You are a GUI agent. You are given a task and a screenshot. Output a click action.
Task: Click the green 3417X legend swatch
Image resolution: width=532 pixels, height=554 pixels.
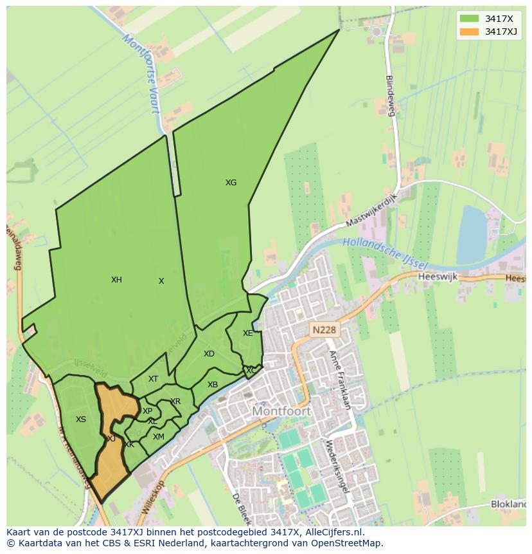pyautogui.click(x=470, y=19)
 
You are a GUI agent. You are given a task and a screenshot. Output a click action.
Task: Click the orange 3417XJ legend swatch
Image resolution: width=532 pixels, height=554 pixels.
pyautogui.click(x=470, y=32)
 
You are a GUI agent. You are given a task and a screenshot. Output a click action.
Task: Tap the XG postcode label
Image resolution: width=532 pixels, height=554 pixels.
pyautogui.click(x=231, y=183)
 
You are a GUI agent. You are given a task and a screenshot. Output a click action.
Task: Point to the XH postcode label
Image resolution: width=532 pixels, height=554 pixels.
pyautogui.click(x=116, y=280)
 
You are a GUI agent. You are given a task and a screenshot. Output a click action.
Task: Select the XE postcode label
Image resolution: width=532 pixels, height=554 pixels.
pyautogui.click(x=247, y=333)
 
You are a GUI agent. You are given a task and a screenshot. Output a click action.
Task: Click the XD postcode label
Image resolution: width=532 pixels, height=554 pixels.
pyautogui.click(x=209, y=354)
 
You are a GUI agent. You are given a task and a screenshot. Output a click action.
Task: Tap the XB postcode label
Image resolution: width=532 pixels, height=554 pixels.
pyautogui.click(x=213, y=385)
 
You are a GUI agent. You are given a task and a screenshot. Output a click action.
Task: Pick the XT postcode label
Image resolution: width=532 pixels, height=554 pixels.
pyautogui.click(x=153, y=379)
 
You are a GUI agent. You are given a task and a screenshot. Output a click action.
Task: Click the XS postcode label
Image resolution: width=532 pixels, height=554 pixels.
pyautogui.click(x=80, y=420)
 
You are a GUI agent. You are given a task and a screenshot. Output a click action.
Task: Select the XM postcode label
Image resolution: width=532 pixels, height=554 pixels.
pyautogui.click(x=158, y=437)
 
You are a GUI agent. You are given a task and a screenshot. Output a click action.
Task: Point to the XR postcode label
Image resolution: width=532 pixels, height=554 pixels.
pyautogui.click(x=175, y=402)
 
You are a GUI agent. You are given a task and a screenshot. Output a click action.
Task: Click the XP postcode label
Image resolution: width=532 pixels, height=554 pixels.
pyautogui.click(x=147, y=411)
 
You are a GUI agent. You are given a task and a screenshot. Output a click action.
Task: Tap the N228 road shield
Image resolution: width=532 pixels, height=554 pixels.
pyautogui.click(x=324, y=330)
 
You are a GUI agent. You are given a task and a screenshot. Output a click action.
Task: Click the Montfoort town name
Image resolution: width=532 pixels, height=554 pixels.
pyautogui.click(x=281, y=411)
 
